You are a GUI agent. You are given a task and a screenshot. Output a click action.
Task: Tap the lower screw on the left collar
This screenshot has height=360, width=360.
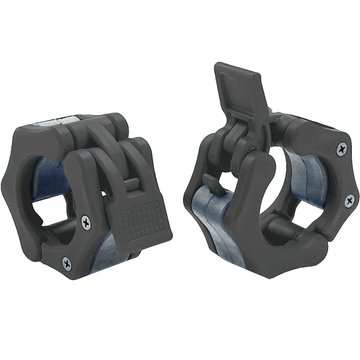point(67,264)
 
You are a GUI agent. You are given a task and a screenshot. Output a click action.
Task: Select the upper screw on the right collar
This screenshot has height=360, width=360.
point(341,148)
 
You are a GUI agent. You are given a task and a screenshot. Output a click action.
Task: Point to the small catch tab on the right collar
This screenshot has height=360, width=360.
point(211,183)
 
